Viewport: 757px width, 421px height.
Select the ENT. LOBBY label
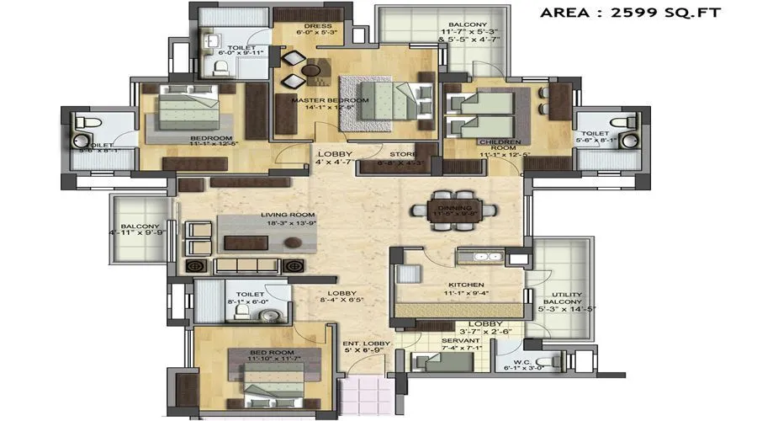pos(361,344)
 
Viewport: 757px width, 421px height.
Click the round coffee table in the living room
pos(292,242)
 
